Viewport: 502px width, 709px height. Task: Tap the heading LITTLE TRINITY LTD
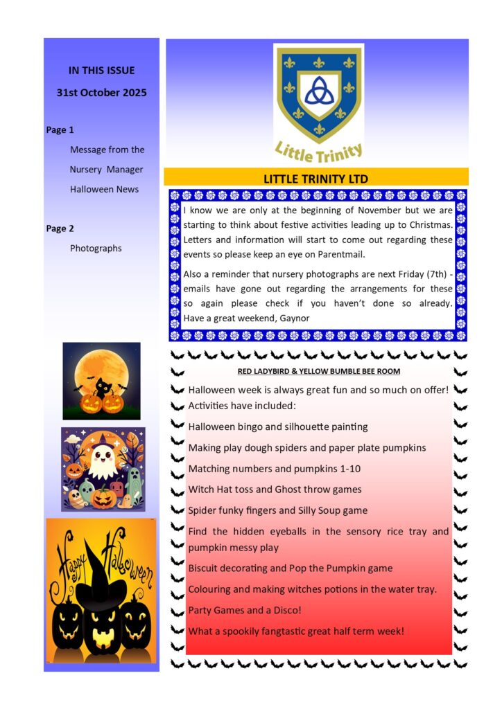pos(315,179)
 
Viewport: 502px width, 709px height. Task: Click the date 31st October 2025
pos(102,93)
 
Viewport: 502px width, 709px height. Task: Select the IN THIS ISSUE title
pos(102,70)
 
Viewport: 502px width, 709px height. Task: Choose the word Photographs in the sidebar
pos(96,248)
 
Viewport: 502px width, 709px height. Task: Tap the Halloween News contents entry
pos(104,189)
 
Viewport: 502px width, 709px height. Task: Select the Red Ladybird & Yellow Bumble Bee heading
pos(318,372)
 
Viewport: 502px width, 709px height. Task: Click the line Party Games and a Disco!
pos(245,610)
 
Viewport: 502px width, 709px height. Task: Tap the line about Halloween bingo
pos(278,427)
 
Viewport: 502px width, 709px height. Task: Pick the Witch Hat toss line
pos(275,490)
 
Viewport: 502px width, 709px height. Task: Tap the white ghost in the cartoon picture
pos(102,458)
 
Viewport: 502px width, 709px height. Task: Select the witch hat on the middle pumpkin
pos(101,584)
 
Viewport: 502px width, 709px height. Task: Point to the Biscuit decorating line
pos(291,568)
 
